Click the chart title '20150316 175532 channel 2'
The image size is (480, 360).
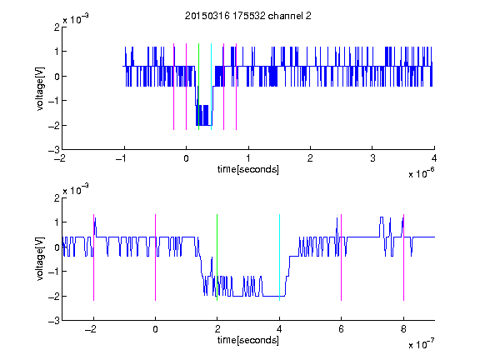tap(248, 16)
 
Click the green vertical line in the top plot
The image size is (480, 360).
tap(198, 87)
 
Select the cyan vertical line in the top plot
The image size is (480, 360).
tap(211, 87)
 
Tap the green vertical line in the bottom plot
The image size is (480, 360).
tap(217, 257)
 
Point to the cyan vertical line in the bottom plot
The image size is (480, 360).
tap(279, 257)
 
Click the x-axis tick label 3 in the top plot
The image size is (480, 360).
tap(372, 158)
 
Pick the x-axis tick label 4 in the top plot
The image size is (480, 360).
tap(434, 158)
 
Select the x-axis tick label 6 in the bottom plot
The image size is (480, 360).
tap(342, 329)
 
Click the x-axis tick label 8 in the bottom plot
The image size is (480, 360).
tap(403, 329)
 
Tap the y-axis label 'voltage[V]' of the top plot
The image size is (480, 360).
tap(40, 88)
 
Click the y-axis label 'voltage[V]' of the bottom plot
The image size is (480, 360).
tap(40, 259)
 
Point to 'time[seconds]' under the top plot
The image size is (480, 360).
tap(248, 169)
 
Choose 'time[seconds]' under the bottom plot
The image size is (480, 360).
tap(248, 340)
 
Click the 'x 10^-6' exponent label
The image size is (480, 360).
tap(421, 173)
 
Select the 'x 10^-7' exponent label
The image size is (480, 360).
tap(421, 344)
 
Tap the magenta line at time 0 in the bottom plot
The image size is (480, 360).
tap(155, 257)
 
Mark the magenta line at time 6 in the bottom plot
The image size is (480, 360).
tap(341, 257)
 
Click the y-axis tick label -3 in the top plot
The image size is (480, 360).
tap(54, 150)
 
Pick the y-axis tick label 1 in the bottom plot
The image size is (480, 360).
tap(57, 222)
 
